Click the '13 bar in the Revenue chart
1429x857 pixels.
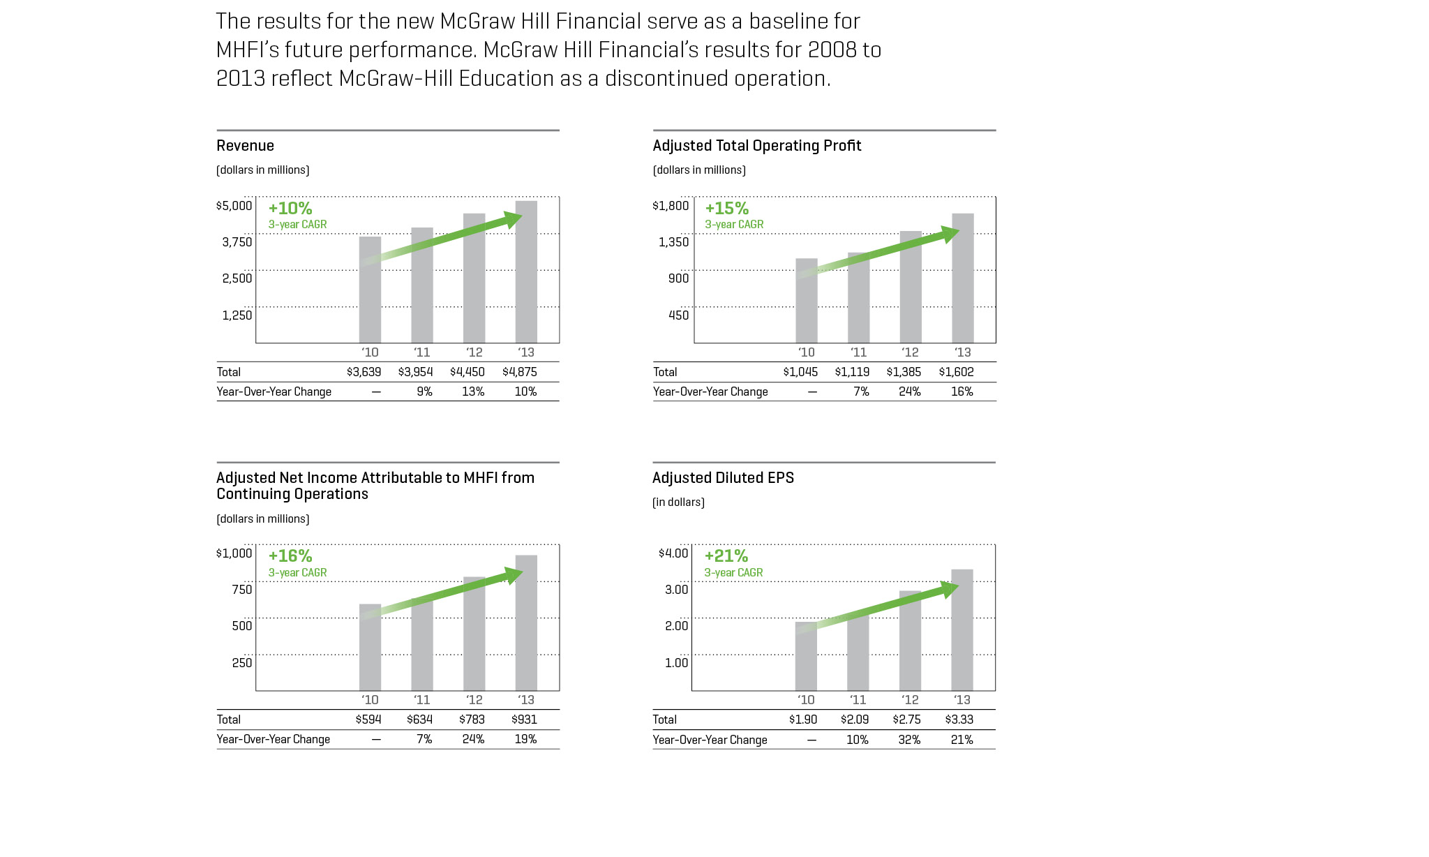point(526,279)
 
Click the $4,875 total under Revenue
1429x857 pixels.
point(520,372)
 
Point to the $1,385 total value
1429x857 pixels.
point(904,372)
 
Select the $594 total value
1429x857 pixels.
point(368,720)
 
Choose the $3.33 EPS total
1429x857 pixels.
point(959,720)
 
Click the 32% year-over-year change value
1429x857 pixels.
point(909,740)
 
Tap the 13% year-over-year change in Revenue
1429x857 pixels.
point(473,392)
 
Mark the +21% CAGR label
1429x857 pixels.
point(726,556)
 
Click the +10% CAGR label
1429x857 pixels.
point(290,209)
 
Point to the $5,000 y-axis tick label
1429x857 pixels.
point(234,206)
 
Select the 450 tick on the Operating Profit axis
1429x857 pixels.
point(678,315)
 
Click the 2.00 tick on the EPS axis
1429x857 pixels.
point(676,626)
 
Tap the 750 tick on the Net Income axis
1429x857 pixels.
point(242,590)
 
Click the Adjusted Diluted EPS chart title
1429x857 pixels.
point(723,478)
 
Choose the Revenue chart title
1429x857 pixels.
point(245,146)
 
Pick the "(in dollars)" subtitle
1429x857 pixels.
point(678,502)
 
